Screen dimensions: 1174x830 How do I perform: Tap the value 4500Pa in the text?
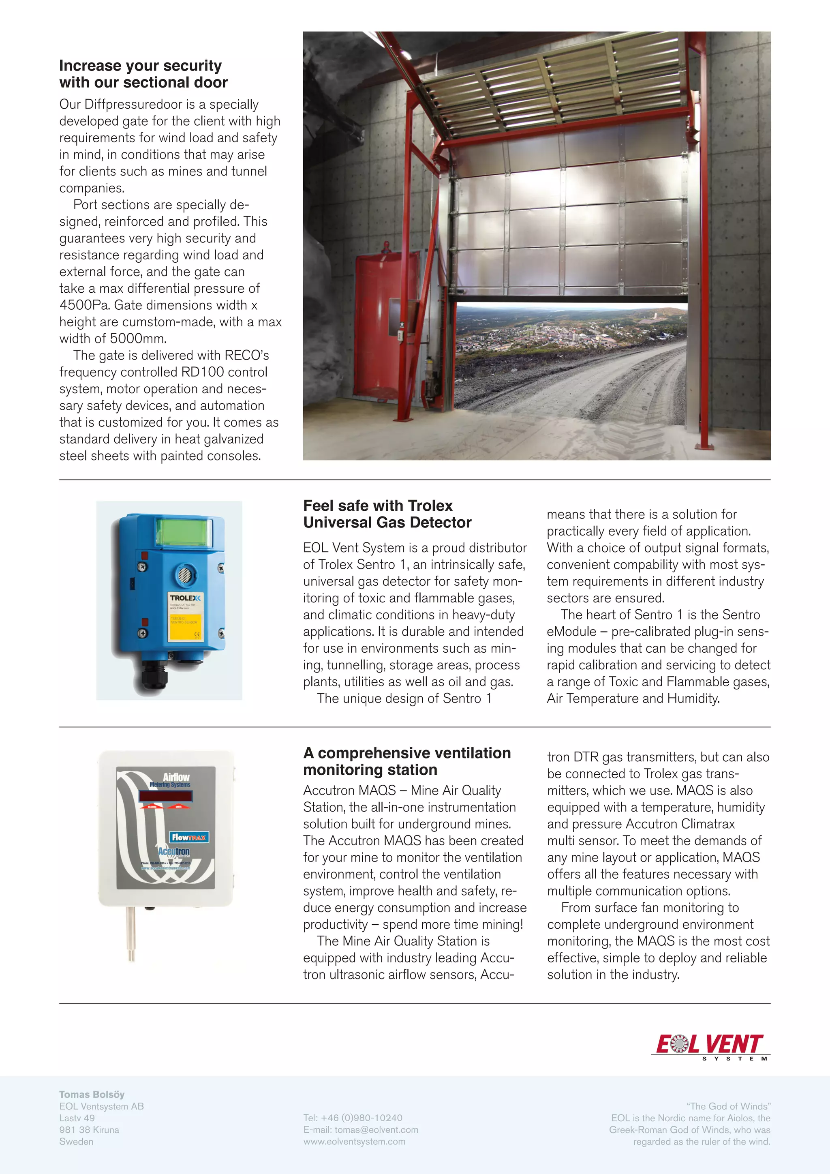(84, 305)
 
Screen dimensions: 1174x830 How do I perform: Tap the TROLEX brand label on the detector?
(185, 598)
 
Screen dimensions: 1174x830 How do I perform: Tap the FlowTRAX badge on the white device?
(188, 837)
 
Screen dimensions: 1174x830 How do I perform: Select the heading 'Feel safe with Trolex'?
(378, 506)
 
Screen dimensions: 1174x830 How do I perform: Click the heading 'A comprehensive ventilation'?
(407, 753)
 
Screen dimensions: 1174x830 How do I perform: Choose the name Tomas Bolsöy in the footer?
(92, 1094)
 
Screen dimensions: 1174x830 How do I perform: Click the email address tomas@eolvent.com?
(376, 1129)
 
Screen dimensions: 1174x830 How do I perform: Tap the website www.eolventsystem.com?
(354, 1141)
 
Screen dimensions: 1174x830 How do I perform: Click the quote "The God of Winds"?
(728, 1106)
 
